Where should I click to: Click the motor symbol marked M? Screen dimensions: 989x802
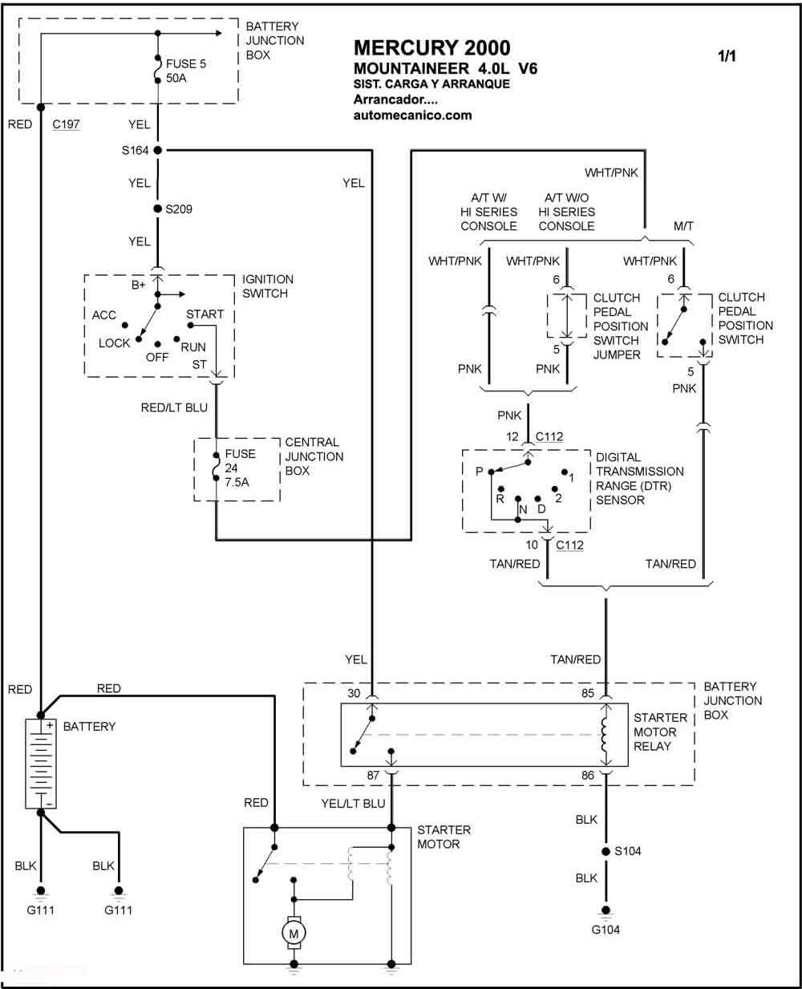[294, 932]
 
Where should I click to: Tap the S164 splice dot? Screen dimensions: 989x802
[158, 150]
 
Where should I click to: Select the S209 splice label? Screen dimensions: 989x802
[179, 209]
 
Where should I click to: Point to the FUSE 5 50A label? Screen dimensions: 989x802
[186, 71]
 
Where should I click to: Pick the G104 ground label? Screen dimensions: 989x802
[606, 930]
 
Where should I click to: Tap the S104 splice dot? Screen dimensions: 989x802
[606, 851]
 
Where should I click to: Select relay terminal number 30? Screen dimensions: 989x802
[354, 694]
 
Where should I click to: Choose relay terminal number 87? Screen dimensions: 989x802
[373, 776]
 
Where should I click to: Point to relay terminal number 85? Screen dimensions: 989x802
[588, 694]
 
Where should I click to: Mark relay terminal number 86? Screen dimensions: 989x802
[588, 776]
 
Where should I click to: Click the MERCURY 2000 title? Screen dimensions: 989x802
[431, 48]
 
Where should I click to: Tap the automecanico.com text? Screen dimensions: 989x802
[412, 115]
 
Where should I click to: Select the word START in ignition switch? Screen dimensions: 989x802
[205, 314]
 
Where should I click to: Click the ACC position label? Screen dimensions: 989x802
[104, 315]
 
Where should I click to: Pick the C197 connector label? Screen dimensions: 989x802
[66, 124]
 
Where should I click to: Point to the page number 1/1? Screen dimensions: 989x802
[727, 56]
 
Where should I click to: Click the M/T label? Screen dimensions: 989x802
[683, 226]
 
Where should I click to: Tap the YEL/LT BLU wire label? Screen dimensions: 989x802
[353, 803]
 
